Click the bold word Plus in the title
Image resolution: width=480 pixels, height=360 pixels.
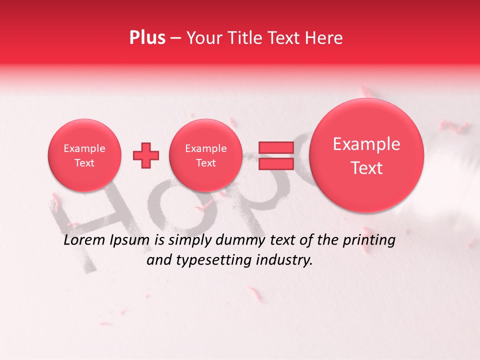click(x=147, y=38)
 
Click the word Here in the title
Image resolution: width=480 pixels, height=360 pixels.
click(x=325, y=38)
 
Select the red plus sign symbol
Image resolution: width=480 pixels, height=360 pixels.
click(x=145, y=155)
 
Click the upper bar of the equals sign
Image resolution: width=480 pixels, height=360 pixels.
click(x=275, y=147)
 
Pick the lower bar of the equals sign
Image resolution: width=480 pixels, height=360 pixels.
click(x=275, y=164)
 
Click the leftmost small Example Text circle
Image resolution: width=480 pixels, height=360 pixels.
click(x=84, y=155)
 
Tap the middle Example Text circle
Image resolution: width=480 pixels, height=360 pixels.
click(x=205, y=155)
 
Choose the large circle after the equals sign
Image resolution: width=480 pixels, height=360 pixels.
click(x=366, y=155)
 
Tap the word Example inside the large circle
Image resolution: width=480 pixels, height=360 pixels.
click(x=366, y=144)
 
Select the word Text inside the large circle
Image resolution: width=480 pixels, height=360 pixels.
click(x=366, y=168)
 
